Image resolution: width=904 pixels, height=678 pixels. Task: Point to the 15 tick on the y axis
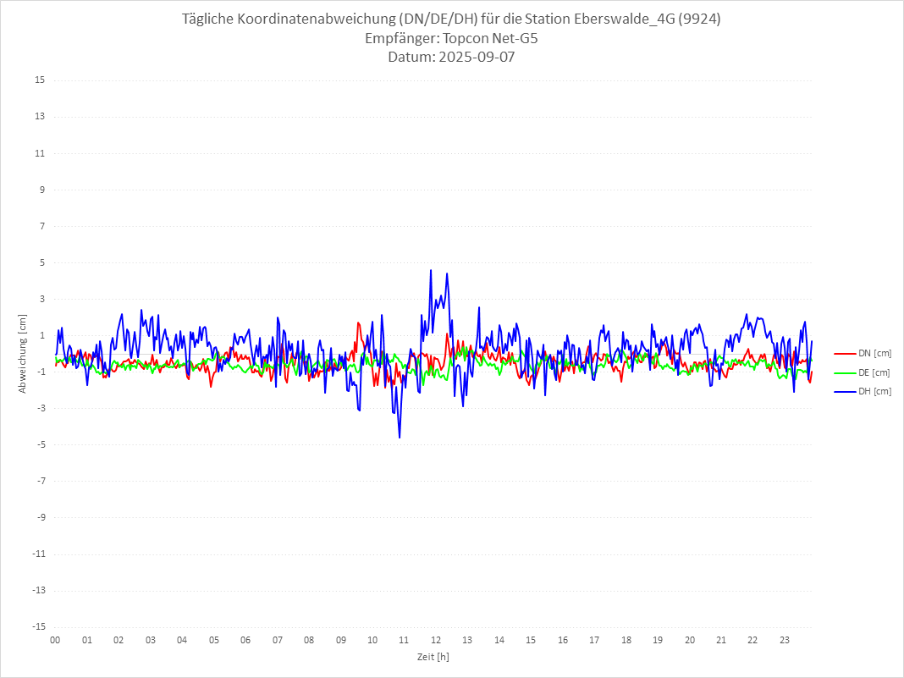point(40,80)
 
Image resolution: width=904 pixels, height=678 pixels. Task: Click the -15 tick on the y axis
point(38,626)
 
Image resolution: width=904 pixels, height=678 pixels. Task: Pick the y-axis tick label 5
point(41,262)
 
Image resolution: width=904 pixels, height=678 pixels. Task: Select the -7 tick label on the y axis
point(40,481)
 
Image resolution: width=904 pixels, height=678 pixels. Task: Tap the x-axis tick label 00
point(55,640)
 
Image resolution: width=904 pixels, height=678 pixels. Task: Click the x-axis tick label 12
point(436,640)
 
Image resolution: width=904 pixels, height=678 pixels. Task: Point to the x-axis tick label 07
point(278,640)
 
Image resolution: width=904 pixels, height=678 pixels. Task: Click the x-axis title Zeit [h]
point(433,657)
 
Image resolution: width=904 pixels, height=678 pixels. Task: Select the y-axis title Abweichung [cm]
point(23,353)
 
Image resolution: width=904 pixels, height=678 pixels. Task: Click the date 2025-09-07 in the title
point(474,58)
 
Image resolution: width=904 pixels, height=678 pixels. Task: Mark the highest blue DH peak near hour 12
point(431,271)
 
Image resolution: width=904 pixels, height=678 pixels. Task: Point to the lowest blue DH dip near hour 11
point(400,437)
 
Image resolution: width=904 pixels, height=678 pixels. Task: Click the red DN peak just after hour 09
point(359,322)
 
